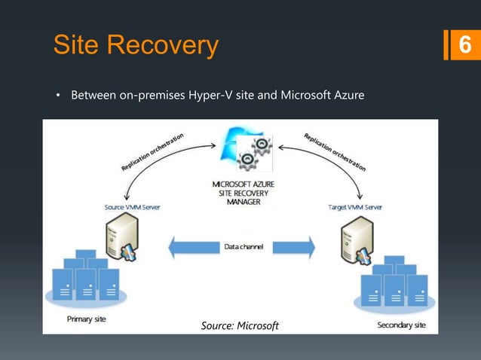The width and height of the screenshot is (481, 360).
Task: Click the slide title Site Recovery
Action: pyautogui.click(x=136, y=45)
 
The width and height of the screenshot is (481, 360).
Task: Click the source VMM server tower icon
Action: pyautogui.click(x=123, y=235)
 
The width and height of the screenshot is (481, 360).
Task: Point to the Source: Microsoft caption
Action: pyautogui.click(x=240, y=325)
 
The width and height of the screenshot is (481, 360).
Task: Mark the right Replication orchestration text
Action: pyautogui.click(x=334, y=153)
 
